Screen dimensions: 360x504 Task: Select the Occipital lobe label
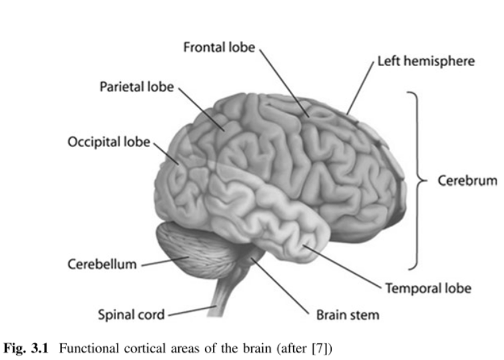tap(109, 142)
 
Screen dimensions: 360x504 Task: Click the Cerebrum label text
tap(467, 180)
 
